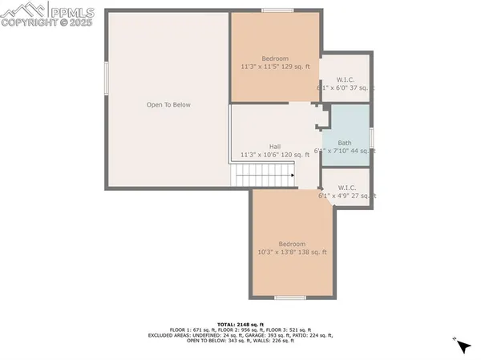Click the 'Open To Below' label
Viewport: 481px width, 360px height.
(x=168, y=105)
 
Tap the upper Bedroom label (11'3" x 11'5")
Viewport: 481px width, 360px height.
(x=275, y=59)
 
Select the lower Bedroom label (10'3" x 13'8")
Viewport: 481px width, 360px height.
(x=292, y=244)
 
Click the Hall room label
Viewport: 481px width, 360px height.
(x=275, y=147)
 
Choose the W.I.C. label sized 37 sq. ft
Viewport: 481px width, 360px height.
(x=346, y=79)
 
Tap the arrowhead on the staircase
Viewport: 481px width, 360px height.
(x=293, y=174)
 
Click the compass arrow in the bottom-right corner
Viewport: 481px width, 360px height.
(x=463, y=346)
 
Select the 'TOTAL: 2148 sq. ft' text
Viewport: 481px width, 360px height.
(x=240, y=324)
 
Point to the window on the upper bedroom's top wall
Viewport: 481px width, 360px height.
(x=276, y=10)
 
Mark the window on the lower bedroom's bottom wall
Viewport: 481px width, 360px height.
(x=289, y=297)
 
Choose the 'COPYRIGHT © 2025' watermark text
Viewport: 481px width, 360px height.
(x=48, y=23)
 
